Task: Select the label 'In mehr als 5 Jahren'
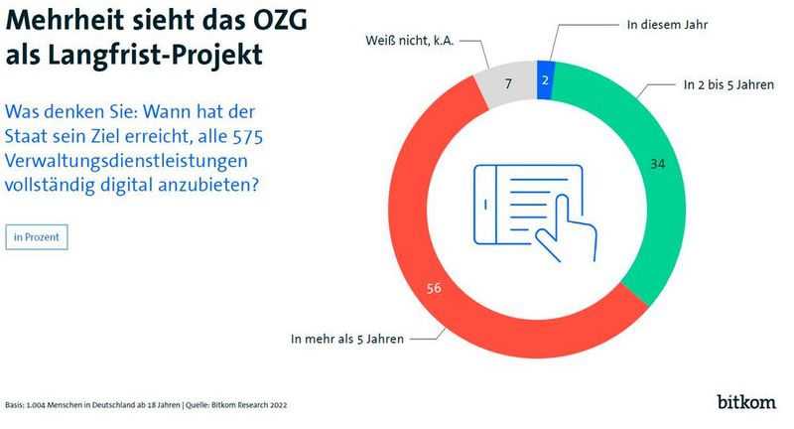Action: [346, 339]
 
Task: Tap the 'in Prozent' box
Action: [36, 237]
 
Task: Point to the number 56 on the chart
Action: [432, 290]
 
